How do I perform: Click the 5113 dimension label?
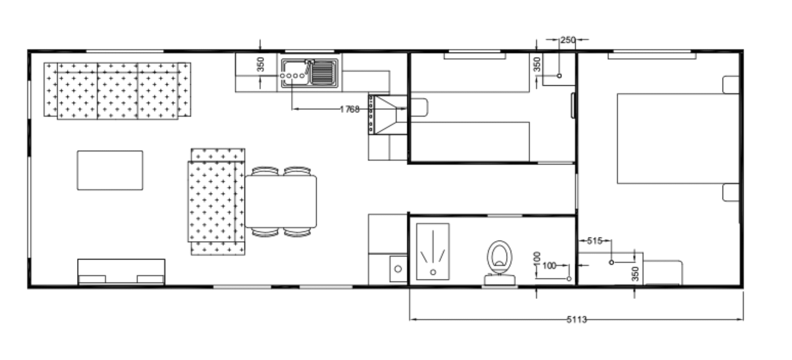577,319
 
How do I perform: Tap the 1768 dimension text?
349,110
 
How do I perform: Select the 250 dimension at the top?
568,40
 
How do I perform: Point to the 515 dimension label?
594,241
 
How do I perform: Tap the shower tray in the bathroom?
433,251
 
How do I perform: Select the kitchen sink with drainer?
309,73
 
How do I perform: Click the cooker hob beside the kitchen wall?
388,115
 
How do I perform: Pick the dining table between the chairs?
281,202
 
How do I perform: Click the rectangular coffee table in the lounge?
110,170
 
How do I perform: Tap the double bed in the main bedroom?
678,138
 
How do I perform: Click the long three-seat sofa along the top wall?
117,91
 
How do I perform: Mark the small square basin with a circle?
398,269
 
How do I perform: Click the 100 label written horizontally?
549,266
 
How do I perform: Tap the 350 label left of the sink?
261,65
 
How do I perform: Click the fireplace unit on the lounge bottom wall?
121,272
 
